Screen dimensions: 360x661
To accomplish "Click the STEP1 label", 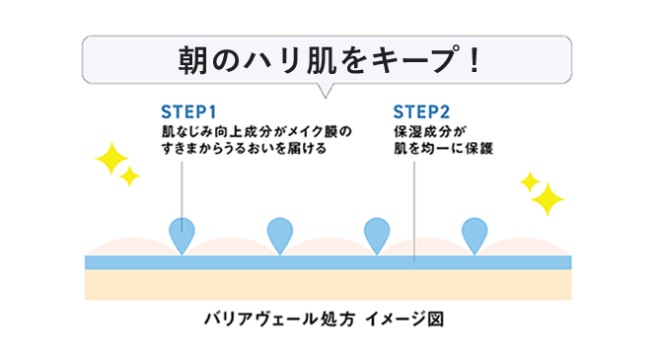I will [x=188, y=110].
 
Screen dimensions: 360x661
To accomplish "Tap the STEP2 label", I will [x=421, y=110].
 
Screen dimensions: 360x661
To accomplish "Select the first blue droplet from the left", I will [x=183, y=235].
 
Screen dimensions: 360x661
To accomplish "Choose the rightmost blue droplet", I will [x=476, y=235].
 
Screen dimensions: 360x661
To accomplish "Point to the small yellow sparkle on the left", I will [x=129, y=178].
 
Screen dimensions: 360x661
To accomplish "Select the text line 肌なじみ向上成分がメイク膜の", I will [x=256, y=130].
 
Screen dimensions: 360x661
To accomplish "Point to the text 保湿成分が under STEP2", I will [x=428, y=130].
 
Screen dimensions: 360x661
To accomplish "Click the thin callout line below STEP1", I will [x=182, y=187].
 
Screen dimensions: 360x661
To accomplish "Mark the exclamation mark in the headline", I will [x=474, y=59].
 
